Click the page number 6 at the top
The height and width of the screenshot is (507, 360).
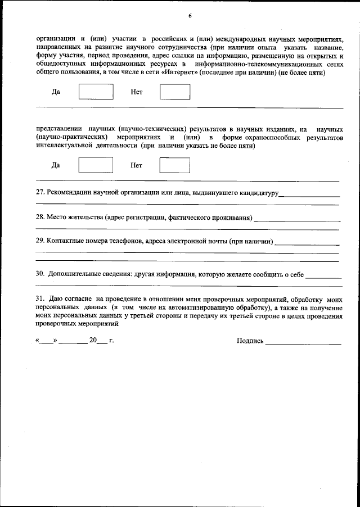190,16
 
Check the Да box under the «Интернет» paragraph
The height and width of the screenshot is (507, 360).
96,92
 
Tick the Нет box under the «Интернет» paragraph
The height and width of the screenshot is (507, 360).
175,92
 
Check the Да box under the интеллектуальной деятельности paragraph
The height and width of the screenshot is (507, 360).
96,165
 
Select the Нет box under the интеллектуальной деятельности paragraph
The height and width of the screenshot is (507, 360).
175,165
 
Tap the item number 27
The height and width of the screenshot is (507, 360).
40,193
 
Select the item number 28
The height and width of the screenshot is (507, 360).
40,217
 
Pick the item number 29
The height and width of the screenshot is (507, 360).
40,242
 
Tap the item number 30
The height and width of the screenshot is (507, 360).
40,274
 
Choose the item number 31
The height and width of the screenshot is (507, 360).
40,299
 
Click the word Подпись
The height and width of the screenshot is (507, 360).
250,341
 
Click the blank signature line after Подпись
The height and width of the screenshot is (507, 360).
303,342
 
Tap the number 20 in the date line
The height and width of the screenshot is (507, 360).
93,340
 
